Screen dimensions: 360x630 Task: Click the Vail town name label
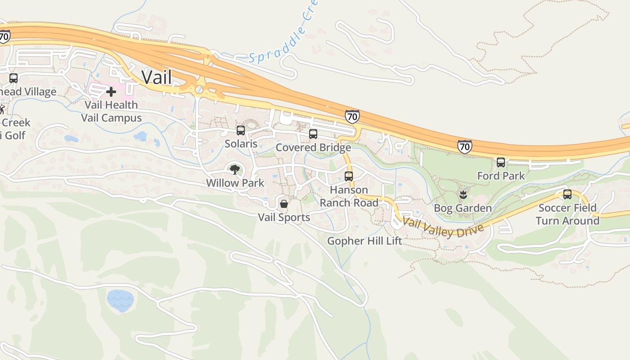157,77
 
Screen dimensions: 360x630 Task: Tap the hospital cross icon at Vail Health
111,92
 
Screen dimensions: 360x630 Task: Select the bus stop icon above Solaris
241,130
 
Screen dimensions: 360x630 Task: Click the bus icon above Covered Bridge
313,134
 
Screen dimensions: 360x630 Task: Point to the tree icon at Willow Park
234,170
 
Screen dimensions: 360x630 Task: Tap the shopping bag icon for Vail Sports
284,204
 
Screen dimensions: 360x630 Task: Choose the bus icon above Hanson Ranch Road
349,176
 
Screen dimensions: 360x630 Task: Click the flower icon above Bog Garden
462,195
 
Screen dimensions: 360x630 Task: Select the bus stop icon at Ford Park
500,162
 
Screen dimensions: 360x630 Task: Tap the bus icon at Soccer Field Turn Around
567,194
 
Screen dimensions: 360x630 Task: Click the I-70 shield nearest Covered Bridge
352,117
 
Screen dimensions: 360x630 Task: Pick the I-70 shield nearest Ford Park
464,146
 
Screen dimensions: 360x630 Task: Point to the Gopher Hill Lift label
364,241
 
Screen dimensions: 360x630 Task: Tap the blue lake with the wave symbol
120,300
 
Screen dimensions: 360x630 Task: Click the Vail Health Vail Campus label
111,111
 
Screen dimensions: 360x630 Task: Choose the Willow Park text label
235,183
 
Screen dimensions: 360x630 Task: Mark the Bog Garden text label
463,208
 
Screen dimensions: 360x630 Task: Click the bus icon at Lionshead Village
13,78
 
